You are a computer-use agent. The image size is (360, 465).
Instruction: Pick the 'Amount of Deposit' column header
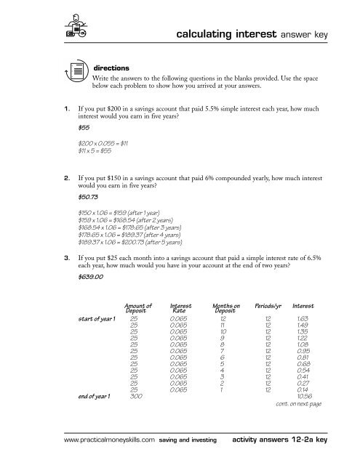click(137, 331)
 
